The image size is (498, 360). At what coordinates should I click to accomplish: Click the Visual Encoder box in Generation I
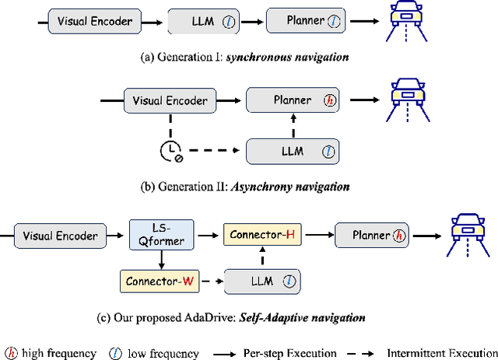coord(94,21)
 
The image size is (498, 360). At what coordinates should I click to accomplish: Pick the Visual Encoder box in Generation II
coord(170,100)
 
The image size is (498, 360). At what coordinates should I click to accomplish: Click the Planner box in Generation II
coord(293,100)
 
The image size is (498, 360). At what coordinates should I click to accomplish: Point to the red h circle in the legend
coord(10,354)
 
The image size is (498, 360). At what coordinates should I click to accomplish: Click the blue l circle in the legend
coord(114,354)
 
